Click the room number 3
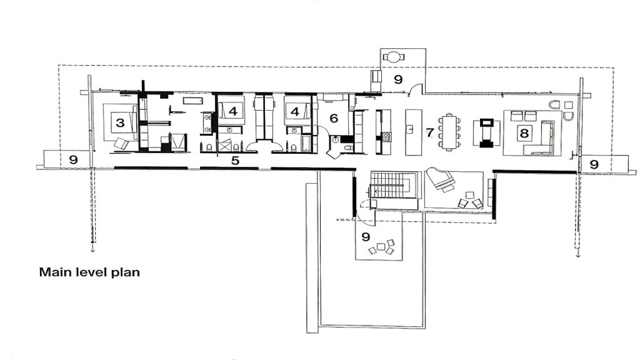coord(120,123)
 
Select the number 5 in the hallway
coord(235,161)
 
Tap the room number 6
coord(334,118)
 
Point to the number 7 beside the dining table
coord(429,132)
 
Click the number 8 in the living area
coord(524,133)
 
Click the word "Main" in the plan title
coord(54,272)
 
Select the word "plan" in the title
coord(126,272)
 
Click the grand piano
coord(441,179)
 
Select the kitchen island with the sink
coord(413,132)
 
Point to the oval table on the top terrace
coord(394,56)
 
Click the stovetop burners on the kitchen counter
coord(386,136)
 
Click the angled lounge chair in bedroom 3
coord(121,144)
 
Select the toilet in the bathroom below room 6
coord(347,148)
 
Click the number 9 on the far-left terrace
coord(74,159)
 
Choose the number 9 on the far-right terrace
coord(594,164)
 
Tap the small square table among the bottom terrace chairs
coord(381,246)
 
